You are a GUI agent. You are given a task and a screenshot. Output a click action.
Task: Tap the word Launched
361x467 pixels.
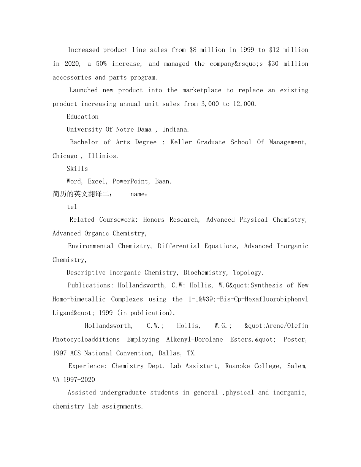click(x=83, y=90)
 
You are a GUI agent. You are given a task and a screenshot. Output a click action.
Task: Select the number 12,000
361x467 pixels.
click(x=244, y=104)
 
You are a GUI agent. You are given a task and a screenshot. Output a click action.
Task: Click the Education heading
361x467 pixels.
click(x=82, y=117)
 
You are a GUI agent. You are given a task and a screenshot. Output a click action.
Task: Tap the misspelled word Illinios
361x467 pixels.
click(x=103, y=156)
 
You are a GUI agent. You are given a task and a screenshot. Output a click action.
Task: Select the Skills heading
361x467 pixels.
click(x=77, y=169)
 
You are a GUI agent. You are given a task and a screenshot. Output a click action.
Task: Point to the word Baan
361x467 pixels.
click(x=163, y=181)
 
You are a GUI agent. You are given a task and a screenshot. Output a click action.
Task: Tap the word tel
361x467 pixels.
click(x=72, y=207)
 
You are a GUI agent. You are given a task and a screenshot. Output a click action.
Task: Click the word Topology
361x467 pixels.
click(x=248, y=273)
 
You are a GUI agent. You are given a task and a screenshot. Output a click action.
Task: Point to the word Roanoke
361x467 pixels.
click(x=237, y=366)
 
